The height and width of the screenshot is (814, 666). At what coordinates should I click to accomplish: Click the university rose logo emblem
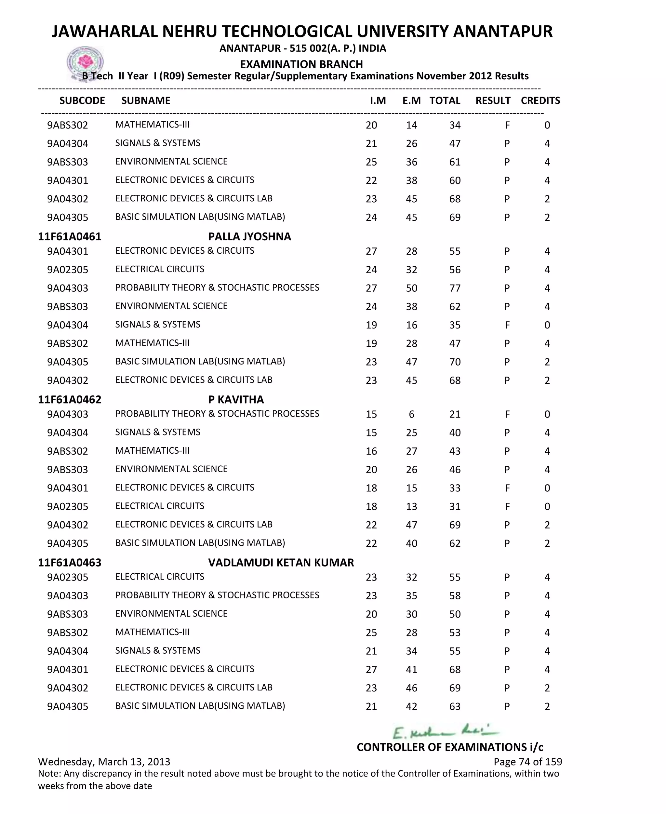(85, 62)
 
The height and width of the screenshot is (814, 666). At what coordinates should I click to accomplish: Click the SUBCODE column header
(82, 100)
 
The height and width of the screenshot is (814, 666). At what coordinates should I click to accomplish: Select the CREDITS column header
(540, 100)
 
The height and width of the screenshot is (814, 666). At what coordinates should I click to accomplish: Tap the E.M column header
(411, 100)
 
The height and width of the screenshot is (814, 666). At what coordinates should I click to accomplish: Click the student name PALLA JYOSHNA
(249, 236)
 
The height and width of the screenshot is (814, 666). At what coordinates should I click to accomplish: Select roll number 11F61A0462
(70, 399)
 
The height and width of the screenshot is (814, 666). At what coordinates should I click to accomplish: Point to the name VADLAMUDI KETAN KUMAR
(281, 562)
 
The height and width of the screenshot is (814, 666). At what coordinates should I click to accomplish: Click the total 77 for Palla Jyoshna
(455, 288)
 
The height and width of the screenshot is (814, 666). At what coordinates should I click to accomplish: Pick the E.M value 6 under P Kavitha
(411, 414)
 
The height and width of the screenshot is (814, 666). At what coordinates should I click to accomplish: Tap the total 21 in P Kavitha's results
(455, 414)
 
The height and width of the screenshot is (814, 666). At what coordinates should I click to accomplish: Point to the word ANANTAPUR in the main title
(502, 32)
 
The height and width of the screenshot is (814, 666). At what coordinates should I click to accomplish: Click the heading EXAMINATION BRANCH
(301, 64)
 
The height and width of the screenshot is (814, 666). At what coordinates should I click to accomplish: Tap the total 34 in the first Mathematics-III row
(455, 125)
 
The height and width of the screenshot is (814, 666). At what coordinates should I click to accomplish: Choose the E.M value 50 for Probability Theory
(411, 288)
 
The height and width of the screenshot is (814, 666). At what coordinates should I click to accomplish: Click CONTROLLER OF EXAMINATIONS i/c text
(450, 747)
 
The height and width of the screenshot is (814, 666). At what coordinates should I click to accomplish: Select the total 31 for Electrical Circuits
(455, 506)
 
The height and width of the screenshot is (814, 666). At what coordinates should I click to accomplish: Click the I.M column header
(378, 100)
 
